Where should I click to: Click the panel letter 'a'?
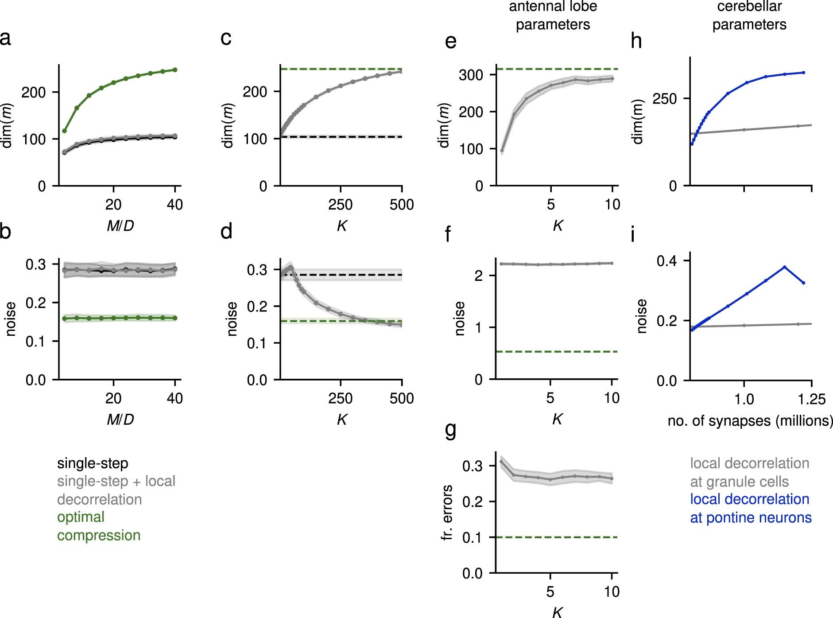click(6, 38)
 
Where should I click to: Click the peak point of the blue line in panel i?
click(784, 267)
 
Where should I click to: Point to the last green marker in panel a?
click(175, 70)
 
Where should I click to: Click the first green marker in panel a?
click(65, 131)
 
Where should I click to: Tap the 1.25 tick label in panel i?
click(811, 400)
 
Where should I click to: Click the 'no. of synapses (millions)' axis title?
click(750, 420)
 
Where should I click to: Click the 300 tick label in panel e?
click(471, 75)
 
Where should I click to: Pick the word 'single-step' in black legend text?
click(93, 463)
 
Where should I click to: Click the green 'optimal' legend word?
click(81, 517)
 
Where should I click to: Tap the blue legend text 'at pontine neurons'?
click(751, 517)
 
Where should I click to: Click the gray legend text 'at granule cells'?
click(739, 482)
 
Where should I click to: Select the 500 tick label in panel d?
click(401, 398)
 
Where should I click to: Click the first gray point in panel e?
click(502, 151)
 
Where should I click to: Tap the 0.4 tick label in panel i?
click(666, 261)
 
